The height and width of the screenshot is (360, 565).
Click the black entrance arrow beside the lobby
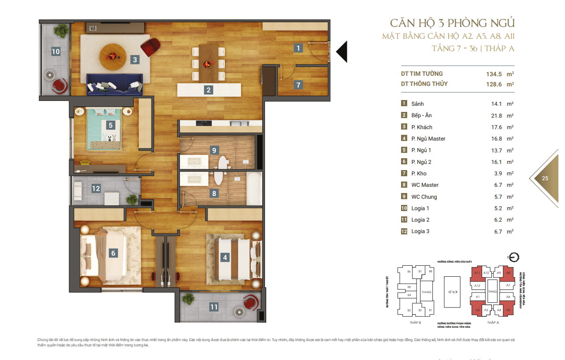[342, 52]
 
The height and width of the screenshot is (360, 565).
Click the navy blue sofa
[115, 84]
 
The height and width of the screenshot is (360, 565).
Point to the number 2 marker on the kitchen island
[208, 90]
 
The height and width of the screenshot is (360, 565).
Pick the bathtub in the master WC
[254, 188]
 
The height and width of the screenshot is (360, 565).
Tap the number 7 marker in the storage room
[298, 85]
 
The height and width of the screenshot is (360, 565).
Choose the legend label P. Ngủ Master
[428, 139]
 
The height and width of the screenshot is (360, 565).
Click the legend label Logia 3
[420, 231]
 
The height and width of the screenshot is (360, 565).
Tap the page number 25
[545, 178]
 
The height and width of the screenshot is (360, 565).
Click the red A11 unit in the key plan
[477, 273]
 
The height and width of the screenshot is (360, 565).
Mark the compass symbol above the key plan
[513, 257]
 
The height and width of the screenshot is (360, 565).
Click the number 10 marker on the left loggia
[56, 52]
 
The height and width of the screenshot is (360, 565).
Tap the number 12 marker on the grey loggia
[96, 189]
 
